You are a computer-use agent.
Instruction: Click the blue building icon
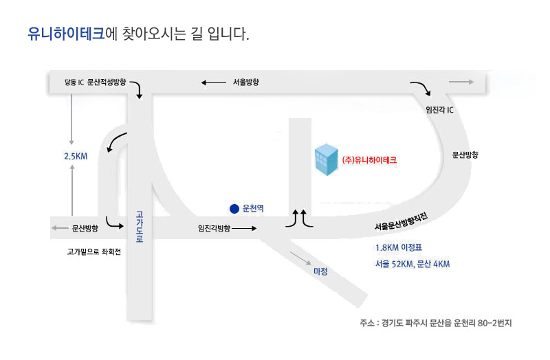(326, 159)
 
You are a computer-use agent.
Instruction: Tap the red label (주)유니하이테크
(369, 160)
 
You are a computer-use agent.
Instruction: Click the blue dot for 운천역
(234, 209)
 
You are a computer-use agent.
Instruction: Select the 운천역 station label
(253, 208)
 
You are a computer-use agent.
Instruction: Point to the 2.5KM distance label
(76, 157)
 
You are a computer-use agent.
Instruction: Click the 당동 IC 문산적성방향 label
(95, 82)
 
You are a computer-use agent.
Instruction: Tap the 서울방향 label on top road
(246, 82)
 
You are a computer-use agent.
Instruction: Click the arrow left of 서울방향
(214, 82)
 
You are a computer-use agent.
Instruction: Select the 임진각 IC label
(439, 110)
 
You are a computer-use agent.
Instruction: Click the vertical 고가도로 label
(140, 227)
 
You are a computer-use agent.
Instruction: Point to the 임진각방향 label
(214, 228)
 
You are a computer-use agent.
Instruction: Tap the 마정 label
(320, 271)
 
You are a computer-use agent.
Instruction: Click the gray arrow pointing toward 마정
(300, 258)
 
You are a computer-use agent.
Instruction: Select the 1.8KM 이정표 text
(399, 247)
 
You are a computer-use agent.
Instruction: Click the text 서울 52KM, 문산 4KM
(412, 264)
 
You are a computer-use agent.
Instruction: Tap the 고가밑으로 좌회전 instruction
(94, 251)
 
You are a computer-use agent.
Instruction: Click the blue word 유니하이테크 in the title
(66, 34)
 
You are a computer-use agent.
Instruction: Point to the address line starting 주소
(436, 323)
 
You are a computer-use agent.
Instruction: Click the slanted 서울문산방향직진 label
(401, 221)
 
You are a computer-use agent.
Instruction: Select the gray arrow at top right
(461, 82)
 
